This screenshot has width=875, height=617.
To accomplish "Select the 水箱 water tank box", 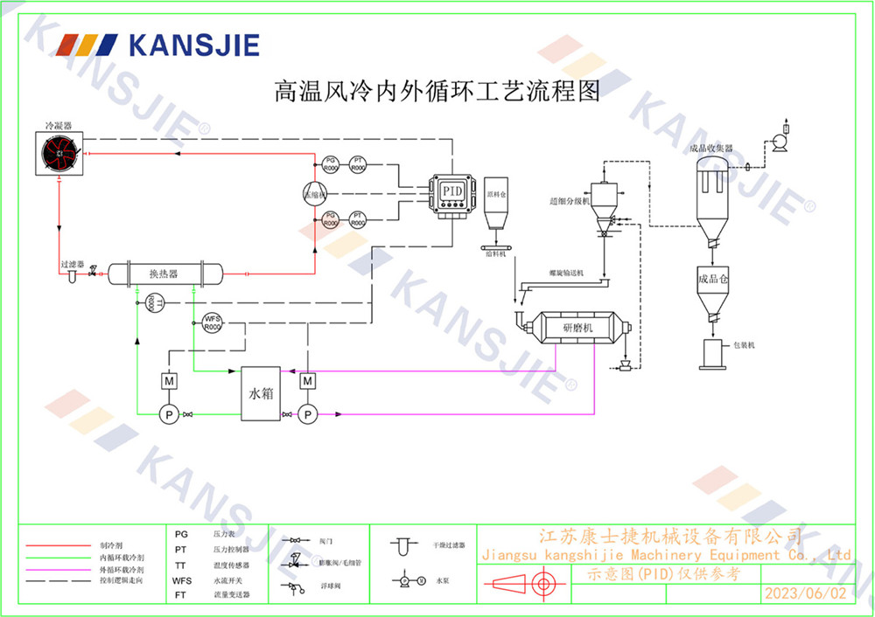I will pos(261,394).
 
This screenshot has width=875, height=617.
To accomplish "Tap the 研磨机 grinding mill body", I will pos(577,328).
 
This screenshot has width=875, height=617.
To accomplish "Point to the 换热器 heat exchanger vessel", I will pos(164,274).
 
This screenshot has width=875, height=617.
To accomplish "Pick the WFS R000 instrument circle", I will pos(213,322).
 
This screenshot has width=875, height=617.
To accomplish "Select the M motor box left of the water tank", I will pos(169,382).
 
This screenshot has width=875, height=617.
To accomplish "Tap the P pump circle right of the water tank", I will pos(307,414).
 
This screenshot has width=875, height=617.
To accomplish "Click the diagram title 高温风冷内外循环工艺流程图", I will pos(437,92).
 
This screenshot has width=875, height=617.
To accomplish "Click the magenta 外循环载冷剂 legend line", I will pos(58,568).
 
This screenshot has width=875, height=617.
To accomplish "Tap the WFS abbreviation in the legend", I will pos(181,579).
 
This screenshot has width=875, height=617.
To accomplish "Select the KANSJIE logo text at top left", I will pos(192,45).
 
